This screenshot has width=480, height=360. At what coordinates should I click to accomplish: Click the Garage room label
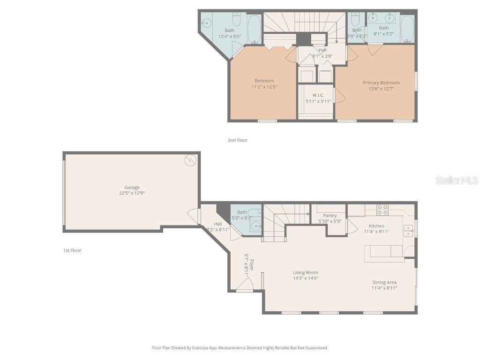132,187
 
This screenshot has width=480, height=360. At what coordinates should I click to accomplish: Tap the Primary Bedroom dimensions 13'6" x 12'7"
381,89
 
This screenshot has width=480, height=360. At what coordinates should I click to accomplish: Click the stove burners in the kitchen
382,210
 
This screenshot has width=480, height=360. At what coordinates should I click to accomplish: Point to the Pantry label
330,216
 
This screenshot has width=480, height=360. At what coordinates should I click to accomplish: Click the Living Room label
306,272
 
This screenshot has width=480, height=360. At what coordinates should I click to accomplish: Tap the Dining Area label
384,282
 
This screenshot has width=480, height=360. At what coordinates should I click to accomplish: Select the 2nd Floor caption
237,140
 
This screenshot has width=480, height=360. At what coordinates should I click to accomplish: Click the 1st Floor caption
72,250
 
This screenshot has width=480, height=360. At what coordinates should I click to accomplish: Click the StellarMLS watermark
457,180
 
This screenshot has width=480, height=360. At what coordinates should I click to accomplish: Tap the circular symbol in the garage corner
190,160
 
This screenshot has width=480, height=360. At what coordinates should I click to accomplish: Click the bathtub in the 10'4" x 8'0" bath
254,30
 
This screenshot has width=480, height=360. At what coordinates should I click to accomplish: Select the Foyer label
251,262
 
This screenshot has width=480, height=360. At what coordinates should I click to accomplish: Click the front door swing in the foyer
245,283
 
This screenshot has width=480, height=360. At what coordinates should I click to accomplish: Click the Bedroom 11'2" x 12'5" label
264,81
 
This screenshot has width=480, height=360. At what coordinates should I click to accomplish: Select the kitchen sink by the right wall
409,230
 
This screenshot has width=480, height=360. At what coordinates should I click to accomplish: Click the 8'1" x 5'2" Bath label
383,28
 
